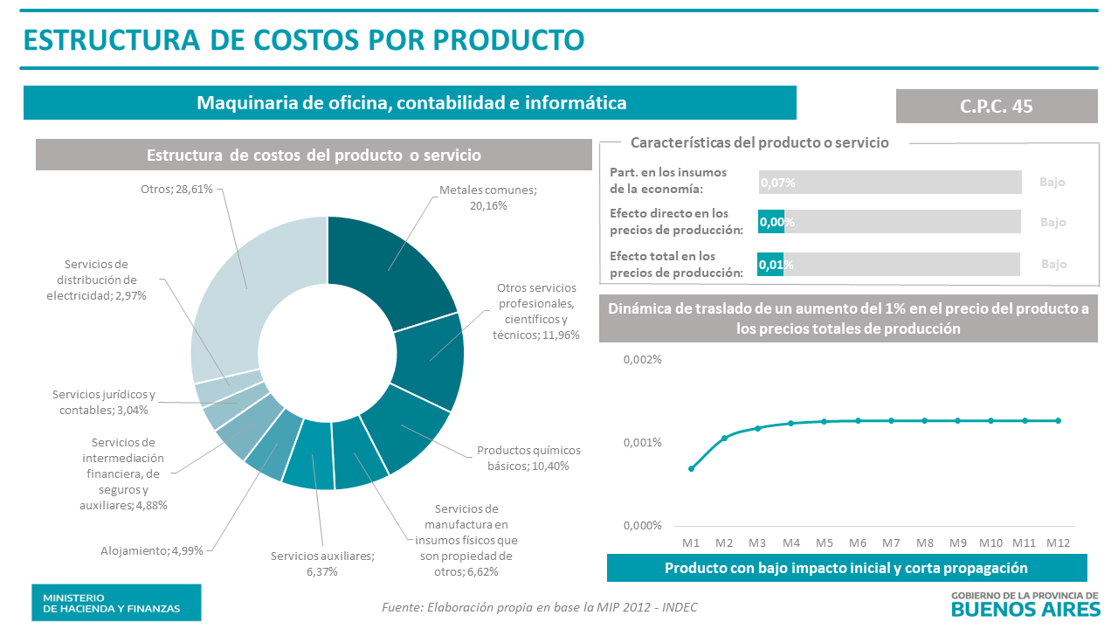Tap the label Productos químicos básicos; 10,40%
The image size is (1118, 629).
(528, 458)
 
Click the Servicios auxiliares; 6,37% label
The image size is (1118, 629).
(321, 563)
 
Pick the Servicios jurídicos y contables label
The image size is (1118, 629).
(104, 402)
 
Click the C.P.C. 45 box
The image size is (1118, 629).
(996, 106)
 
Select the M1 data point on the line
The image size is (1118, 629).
(691, 468)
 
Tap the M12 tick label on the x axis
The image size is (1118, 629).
(1058, 542)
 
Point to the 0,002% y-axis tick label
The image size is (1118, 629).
(642, 360)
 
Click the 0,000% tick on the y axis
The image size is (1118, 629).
(642, 525)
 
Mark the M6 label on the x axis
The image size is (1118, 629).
(857, 542)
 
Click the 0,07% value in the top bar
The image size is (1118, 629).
(777, 183)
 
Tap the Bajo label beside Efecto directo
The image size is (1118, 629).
(1052, 222)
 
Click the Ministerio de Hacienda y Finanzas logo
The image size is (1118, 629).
(116, 602)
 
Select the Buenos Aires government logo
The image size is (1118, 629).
(1024, 603)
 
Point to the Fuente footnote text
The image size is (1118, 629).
(540, 607)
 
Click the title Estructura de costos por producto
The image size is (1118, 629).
(303, 39)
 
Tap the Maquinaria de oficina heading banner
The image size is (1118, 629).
(411, 103)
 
